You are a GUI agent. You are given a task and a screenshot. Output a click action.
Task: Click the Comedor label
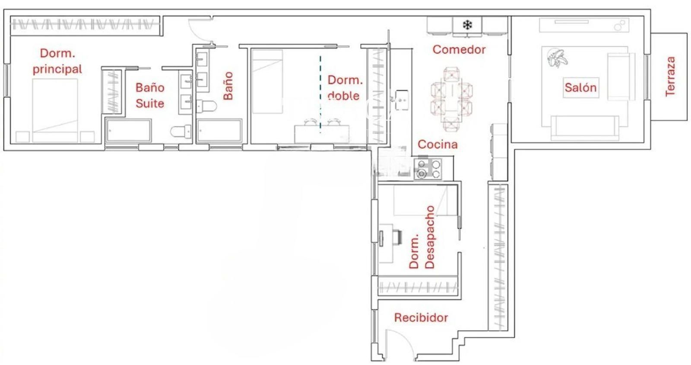pyautogui.click(x=459, y=49)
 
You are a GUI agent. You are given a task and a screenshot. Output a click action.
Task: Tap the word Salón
pyautogui.click(x=580, y=87)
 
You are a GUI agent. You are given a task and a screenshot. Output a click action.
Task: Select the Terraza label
pyautogui.click(x=670, y=76)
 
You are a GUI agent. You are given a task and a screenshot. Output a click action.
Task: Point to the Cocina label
pyautogui.click(x=437, y=144)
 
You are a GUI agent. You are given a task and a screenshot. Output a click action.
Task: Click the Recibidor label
pyautogui.click(x=421, y=317)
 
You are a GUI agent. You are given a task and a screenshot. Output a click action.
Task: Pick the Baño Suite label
pyautogui.click(x=150, y=96)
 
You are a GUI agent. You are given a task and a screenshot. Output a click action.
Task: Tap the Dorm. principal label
pyautogui.click(x=57, y=61)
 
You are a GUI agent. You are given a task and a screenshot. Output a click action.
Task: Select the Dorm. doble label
pyautogui.click(x=345, y=88)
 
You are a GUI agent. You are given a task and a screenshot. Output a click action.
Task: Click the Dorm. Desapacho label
pyautogui.click(x=422, y=237)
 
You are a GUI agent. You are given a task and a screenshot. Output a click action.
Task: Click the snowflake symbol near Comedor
pyautogui.click(x=467, y=25)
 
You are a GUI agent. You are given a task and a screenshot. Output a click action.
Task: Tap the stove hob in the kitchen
pyautogui.click(x=428, y=169)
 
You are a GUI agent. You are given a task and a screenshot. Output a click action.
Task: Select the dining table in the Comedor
pyautogui.click(x=452, y=99)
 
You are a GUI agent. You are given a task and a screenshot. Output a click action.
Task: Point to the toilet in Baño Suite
pyautogui.click(x=181, y=131)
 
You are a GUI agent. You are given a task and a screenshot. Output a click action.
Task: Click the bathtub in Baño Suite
pyautogui.click(x=128, y=131)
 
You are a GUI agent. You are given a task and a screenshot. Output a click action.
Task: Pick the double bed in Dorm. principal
pyautogui.click(x=55, y=111)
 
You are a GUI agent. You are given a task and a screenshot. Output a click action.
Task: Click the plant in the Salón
pyautogui.click(x=557, y=58)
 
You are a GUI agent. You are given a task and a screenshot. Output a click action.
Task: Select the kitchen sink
pyautogui.click(x=402, y=100)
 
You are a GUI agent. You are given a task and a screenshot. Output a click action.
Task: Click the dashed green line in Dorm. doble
pyautogui.click(x=320, y=94)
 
